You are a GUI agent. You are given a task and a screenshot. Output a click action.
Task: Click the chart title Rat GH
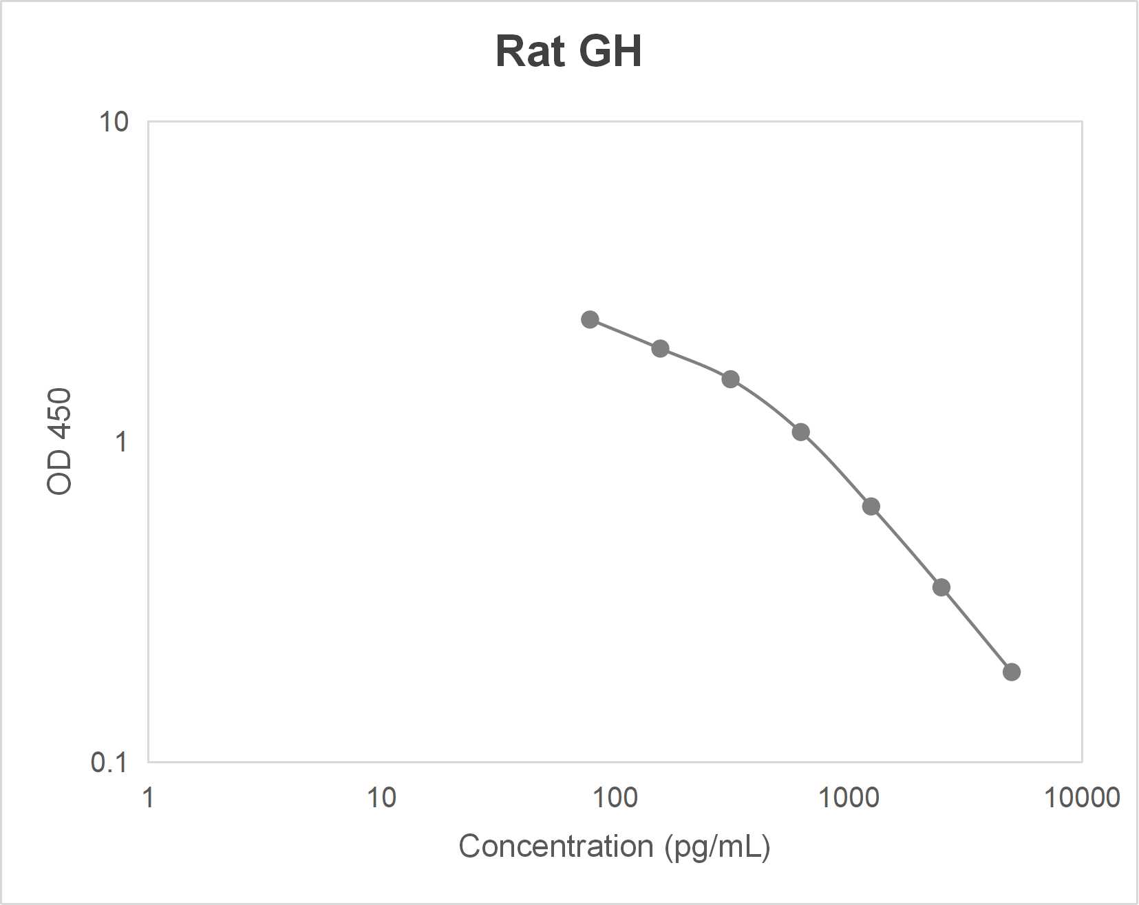pyautogui.click(x=568, y=52)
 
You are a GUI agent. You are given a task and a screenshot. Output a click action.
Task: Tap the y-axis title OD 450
pyautogui.click(x=59, y=441)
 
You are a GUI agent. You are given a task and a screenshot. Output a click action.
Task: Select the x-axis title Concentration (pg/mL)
pyautogui.click(x=614, y=846)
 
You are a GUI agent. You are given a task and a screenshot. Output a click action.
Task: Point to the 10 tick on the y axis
pyautogui.click(x=114, y=123)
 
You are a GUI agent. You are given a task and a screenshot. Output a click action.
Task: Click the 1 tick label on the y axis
pyautogui.click(x=122, y=442)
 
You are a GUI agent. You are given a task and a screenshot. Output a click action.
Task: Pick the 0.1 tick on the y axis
pyautogui.click(x=109, y=762)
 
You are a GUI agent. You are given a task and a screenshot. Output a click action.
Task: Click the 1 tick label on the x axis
pyautogui.click(x=148, y=798)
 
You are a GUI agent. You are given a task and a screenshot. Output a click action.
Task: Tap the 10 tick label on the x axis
pyautogui.click(x=381, y=798)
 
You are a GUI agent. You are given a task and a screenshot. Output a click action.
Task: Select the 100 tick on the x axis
pyautogui.click(x=615, y=798)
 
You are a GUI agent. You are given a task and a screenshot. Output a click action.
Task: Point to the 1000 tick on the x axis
pyautogui.click(x=848, y=798)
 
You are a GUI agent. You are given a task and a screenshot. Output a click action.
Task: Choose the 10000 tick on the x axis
pyautogui.click(x=1082, y=798)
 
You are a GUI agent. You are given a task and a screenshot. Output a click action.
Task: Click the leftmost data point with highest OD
pyautogui.click(x=590, y=319)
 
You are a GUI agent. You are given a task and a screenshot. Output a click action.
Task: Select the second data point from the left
pyautogui.click(x=660, y=348)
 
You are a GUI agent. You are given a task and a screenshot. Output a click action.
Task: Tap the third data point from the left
pyautogui.click(x=730, y=379)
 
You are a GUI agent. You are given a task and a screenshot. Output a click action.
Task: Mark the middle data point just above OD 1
pyautogui.click(x=800, y=432)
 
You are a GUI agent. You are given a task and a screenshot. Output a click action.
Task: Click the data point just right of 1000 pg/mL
pyautogui.click(x=871, y=507)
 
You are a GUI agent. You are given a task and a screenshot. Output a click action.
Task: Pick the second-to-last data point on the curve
pyautogui.click(x=941, y=588)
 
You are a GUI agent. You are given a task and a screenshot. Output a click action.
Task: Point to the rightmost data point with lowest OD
pyautogui.click(x=1011, y=672)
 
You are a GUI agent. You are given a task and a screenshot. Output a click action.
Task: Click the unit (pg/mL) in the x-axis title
pyautogui.click(x=717, y=846)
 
